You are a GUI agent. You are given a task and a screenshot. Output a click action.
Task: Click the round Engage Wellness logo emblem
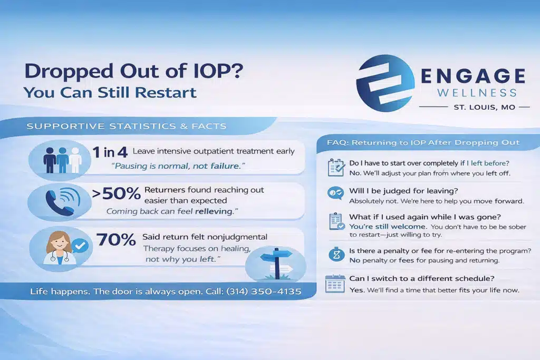point(385,83)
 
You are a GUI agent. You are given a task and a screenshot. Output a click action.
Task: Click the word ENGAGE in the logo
point(473,76)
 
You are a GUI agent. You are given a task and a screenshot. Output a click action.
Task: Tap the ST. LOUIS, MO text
point(485,107)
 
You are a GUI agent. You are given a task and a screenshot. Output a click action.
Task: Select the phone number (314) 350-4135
point(264,291)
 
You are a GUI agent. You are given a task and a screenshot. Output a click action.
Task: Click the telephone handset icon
point(59,203)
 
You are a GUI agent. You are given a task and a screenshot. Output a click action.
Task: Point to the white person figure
point(75,160)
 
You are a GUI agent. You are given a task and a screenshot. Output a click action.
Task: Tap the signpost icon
point(276,263)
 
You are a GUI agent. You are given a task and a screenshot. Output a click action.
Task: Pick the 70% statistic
point(116,239)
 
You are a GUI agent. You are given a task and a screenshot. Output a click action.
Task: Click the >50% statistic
point(117,193)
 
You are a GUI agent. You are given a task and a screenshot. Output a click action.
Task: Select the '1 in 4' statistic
point(110,152)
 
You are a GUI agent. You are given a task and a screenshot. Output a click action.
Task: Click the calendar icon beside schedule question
point(335,284)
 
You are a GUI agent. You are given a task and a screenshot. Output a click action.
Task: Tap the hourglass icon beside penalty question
point(336,255)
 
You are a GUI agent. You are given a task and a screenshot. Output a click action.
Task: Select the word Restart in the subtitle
point(166,93)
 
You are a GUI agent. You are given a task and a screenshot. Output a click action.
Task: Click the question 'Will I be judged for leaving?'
point(403,191)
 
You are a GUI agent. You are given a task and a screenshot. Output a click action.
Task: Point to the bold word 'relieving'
point(214,211)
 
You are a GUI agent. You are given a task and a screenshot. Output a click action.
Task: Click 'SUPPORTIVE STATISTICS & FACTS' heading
point(127,127)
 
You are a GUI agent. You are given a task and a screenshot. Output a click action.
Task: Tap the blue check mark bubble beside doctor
point(80,246)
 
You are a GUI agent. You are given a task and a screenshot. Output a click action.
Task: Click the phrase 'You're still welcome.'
point(388,227)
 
